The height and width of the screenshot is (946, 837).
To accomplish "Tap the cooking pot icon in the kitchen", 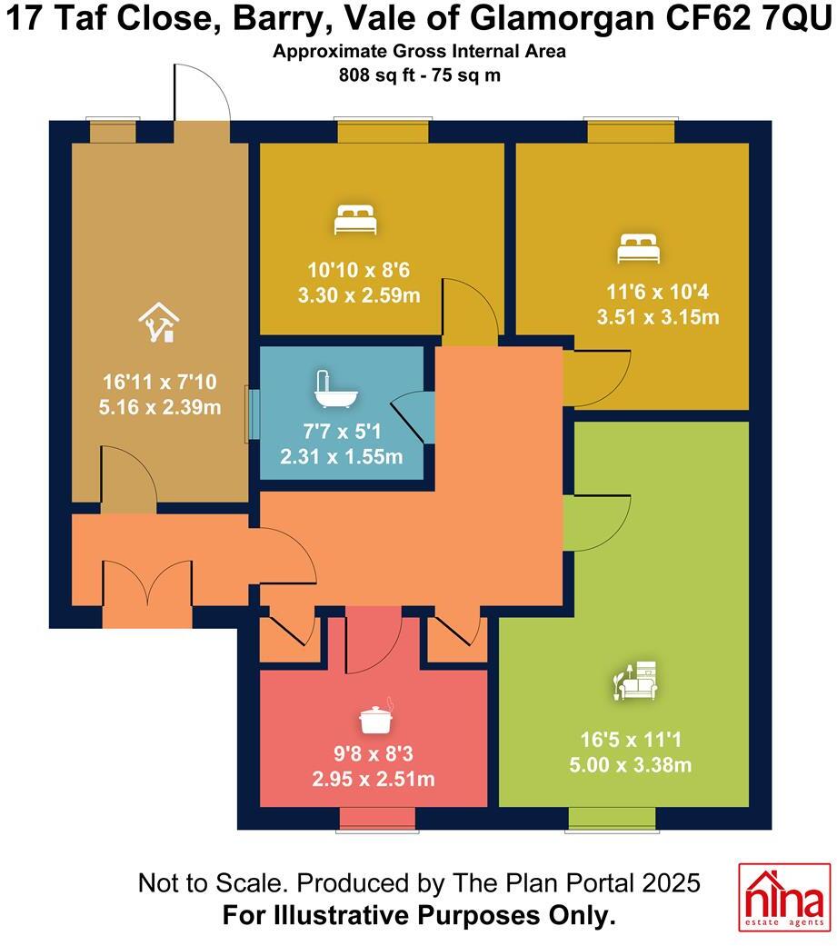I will pyautogui.click(x=376, y=719).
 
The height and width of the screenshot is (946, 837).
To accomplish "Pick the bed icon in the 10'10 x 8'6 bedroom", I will pyautogui.click(x=354, y=220).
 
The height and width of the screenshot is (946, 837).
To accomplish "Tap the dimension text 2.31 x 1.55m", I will pyautogui.click(x=341, y=456).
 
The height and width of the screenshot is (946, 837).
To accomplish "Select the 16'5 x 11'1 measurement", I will pyautogui.click(x=636, y=741).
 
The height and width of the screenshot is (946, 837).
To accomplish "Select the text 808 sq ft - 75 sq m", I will pyautogui.click(x=419, y=75).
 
